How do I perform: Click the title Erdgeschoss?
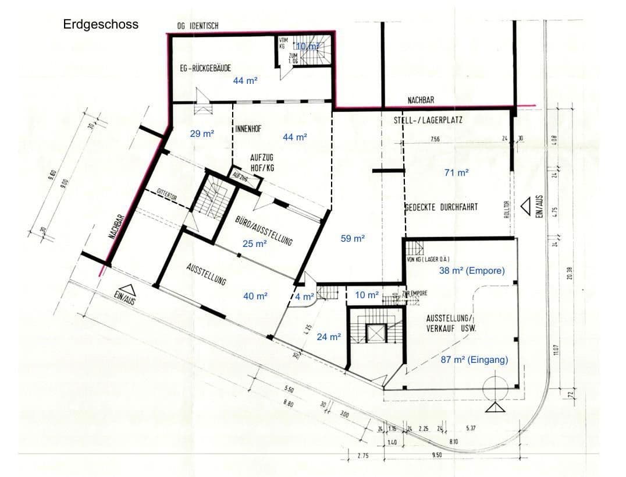[101, 25]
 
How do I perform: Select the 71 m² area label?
[456, 172]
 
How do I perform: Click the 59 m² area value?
[353, 238]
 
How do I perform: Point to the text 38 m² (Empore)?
[471, 271]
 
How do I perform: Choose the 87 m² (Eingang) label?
[474, 360]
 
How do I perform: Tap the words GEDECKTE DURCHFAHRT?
[441, 207]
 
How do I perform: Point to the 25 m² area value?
[254, 244]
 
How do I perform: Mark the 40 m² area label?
[255, 296]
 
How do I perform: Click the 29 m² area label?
[202, 134]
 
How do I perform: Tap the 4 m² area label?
[305, 296]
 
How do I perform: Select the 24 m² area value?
[328, 337]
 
